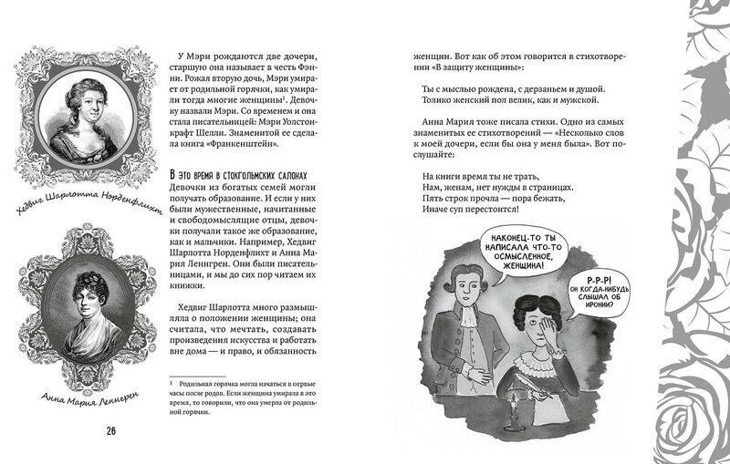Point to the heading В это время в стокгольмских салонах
[x=242, y=173]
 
